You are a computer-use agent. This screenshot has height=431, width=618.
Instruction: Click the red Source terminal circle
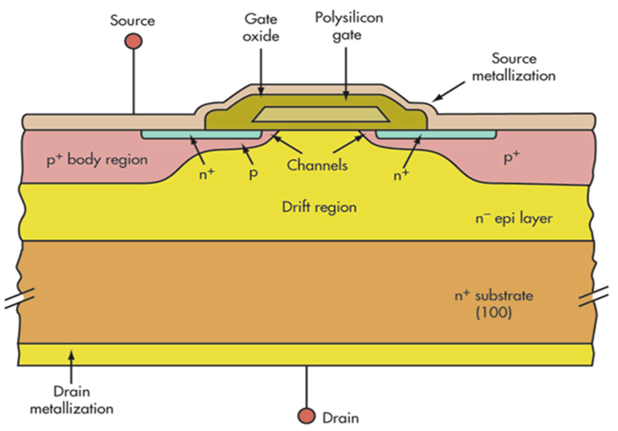[x=133, y=41]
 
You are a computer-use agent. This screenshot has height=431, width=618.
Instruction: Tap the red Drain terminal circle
[x=307, y=416]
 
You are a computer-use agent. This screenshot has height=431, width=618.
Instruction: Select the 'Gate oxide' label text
[x=261, y=27]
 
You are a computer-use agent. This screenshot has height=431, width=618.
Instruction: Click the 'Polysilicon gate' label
[x=348, y=26]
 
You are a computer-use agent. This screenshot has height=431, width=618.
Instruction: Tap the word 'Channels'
[x=317, y=164]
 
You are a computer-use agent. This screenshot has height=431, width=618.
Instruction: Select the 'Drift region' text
[x=319, y=207]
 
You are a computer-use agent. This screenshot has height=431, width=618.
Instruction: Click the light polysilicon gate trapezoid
[x=316, y=114]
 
